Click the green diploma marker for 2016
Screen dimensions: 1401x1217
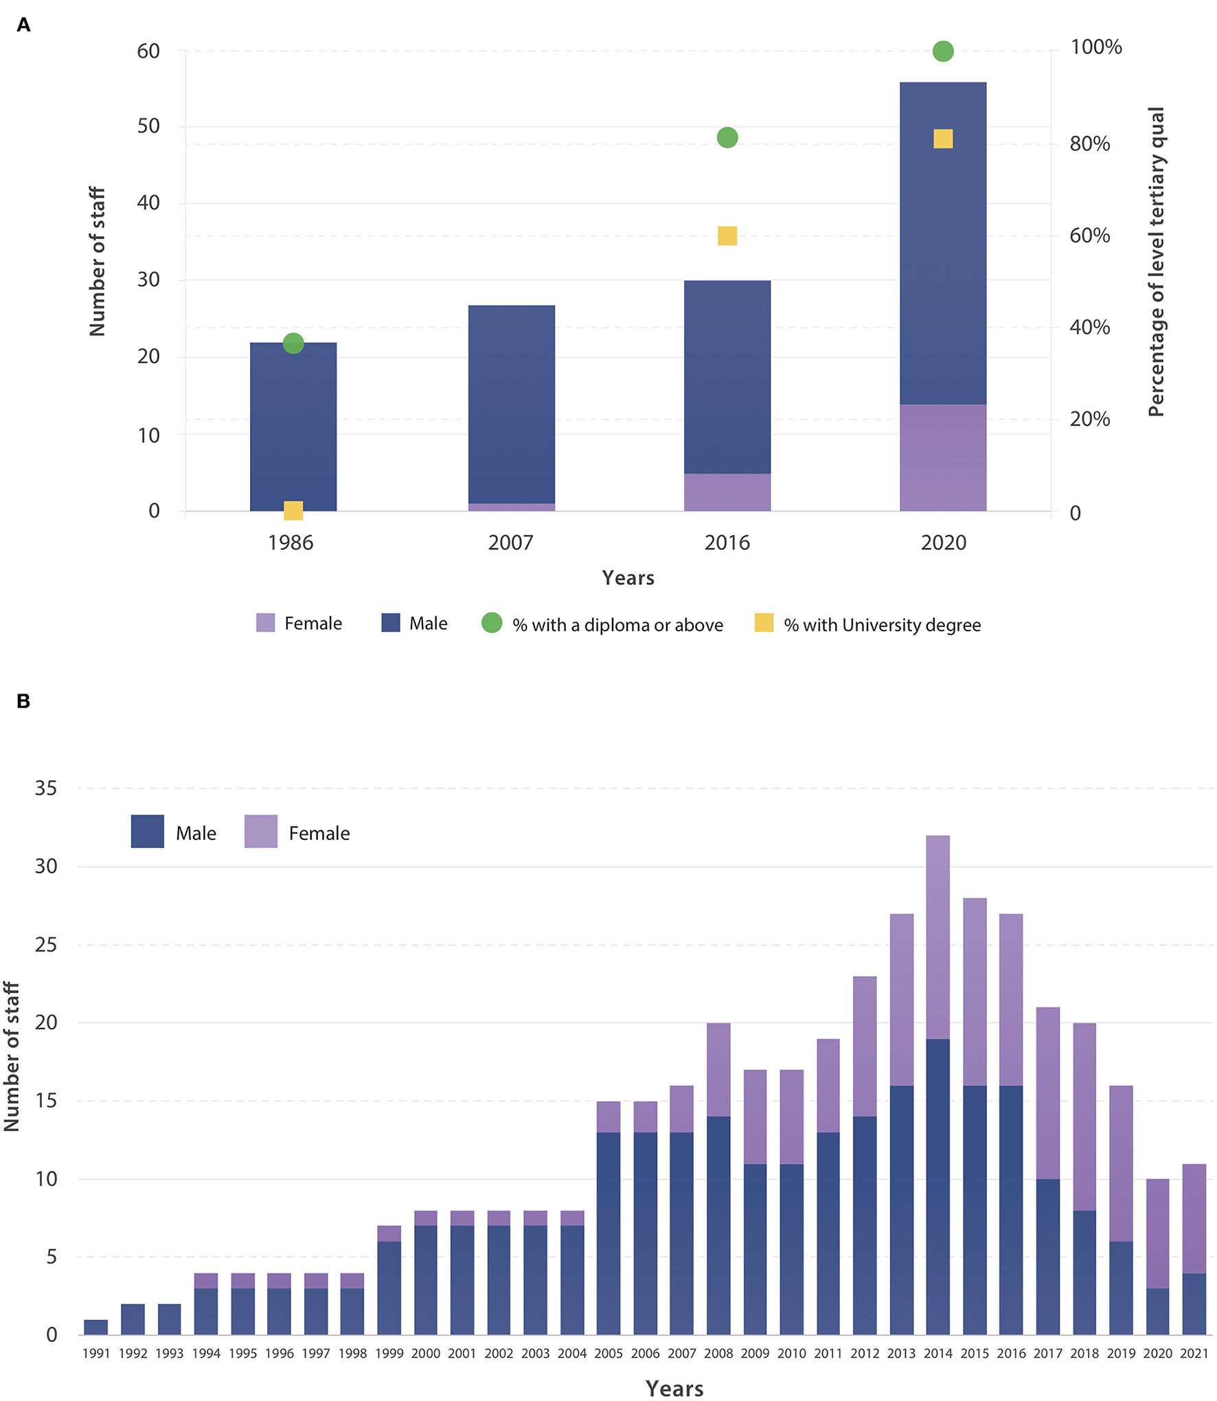(727, 137)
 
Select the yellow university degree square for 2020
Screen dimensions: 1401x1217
(942, 139)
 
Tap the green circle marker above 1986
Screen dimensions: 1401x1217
(293, 343)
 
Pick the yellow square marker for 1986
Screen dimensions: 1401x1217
(293, 510)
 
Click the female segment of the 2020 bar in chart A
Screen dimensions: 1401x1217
(942, 457)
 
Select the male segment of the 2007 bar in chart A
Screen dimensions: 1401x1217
(511, 404)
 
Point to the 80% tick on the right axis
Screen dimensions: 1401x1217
(1089, 144)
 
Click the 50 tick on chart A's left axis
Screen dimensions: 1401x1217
(148, 126)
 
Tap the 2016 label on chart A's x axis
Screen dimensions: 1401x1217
(727, 543)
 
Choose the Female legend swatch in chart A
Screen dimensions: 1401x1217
(265, 623)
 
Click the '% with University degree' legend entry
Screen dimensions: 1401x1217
(882, 625)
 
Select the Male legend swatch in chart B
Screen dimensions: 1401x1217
(147, 831)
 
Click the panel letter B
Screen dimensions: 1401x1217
(23, 701)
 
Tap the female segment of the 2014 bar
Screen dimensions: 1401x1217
(937, 937)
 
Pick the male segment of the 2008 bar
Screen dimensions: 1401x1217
(718, 1225)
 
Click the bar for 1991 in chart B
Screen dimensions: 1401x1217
(96, 1327)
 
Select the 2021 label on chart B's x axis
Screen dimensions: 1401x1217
(1194, 1354)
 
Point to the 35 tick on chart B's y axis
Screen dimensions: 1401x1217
(46, 788)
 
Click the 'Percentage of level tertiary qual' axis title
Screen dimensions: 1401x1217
(1156, 261)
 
